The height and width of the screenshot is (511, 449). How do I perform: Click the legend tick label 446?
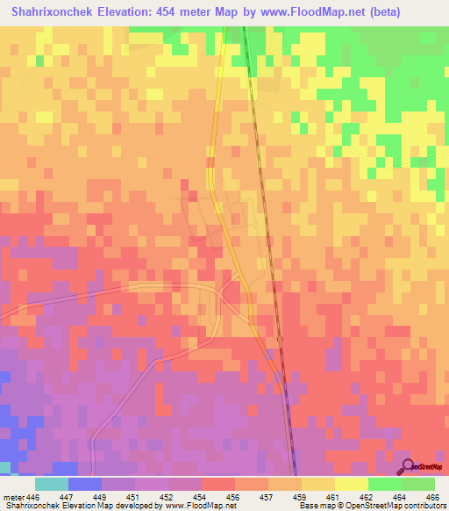(32, 497)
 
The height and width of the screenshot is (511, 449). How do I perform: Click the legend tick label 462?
(368, 497)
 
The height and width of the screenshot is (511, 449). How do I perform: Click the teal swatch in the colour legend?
(52, 484)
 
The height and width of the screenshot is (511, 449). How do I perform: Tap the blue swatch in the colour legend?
(85, 484)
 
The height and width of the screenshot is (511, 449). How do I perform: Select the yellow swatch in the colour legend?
(352, 484)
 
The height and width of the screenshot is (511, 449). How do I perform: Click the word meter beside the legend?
(12, 497)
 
